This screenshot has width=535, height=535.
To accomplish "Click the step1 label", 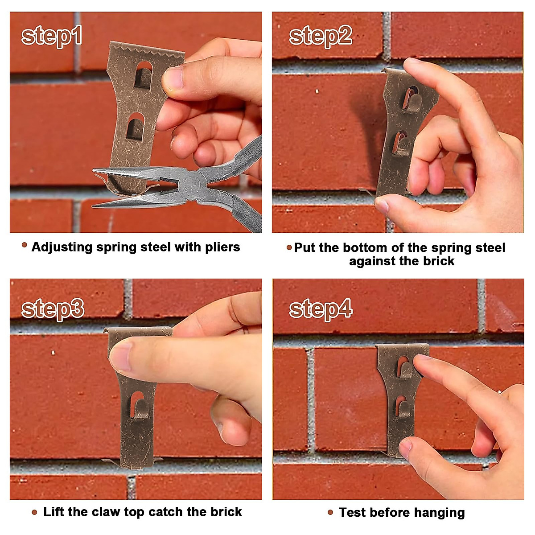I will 52,36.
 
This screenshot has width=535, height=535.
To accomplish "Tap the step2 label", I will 320,36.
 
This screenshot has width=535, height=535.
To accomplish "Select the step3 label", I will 53,309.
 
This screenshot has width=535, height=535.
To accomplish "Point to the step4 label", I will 321,309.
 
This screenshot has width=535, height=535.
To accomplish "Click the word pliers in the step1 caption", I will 222,247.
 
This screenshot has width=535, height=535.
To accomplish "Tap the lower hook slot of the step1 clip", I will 135,127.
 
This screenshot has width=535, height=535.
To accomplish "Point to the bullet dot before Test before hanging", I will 330,513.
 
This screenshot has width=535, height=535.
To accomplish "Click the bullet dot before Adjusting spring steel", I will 25,245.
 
